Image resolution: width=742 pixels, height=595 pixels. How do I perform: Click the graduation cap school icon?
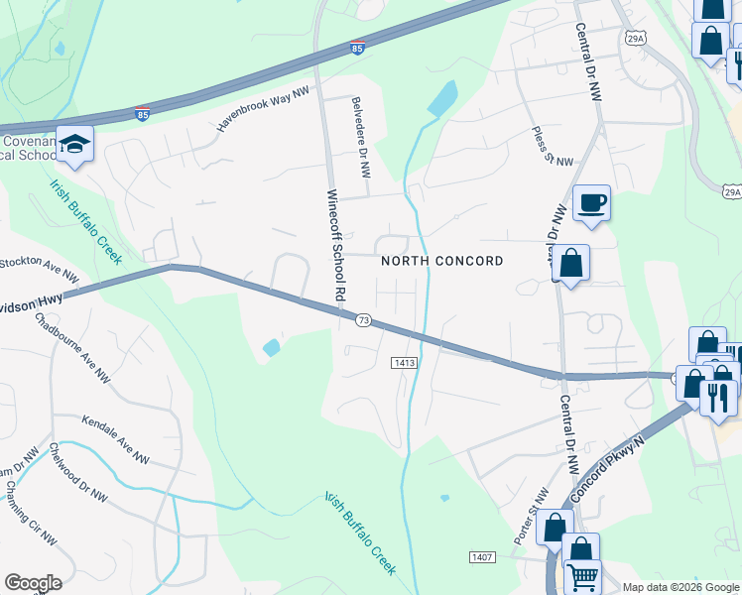[74, 145]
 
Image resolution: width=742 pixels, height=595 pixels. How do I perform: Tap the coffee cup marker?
[591, 203]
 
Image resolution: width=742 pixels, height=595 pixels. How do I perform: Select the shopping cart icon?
[582, 574]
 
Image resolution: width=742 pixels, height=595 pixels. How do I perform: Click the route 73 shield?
[363, 320]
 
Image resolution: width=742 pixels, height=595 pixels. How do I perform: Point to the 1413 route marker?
[403, 363]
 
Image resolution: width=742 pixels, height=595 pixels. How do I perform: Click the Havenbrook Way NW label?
[263, 108]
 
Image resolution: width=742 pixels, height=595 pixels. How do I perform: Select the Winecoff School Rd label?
[335, 245]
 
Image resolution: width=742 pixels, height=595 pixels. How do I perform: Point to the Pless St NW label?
[553, 147]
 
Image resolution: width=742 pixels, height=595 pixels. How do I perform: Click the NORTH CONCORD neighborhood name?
[442, 261]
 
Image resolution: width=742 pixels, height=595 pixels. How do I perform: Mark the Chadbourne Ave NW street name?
[72, 348]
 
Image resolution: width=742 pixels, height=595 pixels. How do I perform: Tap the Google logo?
[34, 583]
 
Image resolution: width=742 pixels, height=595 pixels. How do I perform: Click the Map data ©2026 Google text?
[680, 587]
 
